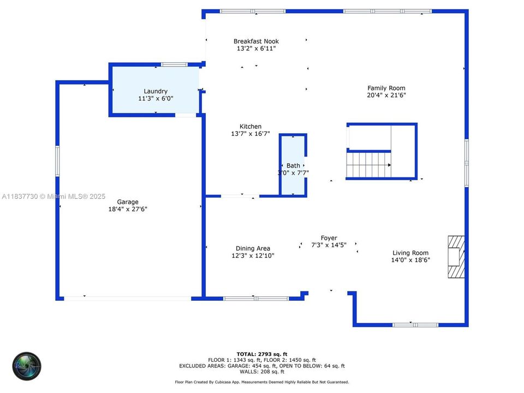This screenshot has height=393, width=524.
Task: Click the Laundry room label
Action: tap(156, 91)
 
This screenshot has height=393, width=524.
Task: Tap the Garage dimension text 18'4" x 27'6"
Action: tap(128, 209)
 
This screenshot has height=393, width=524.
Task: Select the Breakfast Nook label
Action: tap(256, 41)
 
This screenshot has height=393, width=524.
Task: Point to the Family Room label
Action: tap(386, 88)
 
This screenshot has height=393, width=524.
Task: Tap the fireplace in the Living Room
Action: tap(456, 257)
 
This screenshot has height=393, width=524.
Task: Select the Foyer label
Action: tap(329, 238)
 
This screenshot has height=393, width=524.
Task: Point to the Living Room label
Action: tap(410, 253)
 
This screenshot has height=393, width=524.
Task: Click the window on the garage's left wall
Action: tap(57, 160)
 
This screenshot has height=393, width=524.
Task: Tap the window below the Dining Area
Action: tap(256, 299)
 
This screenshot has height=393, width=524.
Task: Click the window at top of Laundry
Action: tap(174, 64)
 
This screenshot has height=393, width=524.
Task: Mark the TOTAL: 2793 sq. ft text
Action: tap(261, 354)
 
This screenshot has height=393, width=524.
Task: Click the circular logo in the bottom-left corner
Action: tap(27, 366)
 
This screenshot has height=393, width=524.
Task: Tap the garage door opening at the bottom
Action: tap(128, 299)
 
